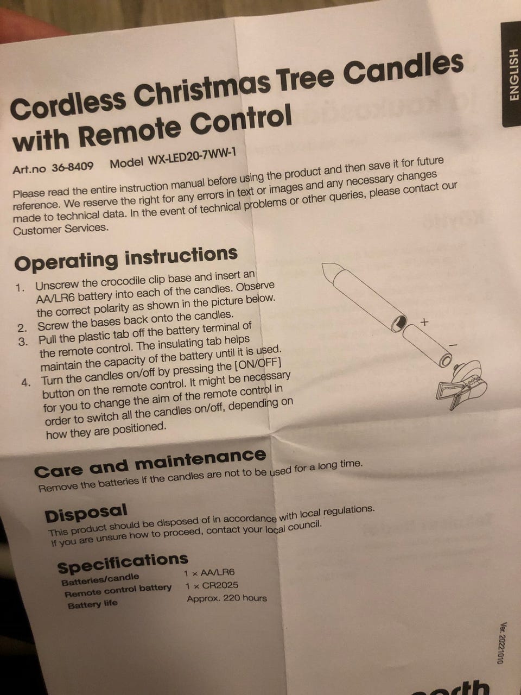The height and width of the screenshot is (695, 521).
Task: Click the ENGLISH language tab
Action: (511, 75)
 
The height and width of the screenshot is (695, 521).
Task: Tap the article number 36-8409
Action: (72, 167)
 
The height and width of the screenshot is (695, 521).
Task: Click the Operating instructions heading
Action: (125, 258)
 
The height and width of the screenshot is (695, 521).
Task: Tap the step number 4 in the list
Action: (26, 382)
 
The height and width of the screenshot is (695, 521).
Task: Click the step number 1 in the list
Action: (20, 287)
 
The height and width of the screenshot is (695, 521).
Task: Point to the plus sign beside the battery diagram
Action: (424, 323)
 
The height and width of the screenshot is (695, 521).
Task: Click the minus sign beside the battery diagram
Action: (453, 344)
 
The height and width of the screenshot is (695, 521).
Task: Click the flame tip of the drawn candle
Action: (329, 269)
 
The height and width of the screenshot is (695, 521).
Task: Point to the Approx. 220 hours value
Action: (227, 598)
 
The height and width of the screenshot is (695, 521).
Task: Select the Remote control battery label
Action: (118, 590)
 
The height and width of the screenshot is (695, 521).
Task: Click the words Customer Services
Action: (61, 229)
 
